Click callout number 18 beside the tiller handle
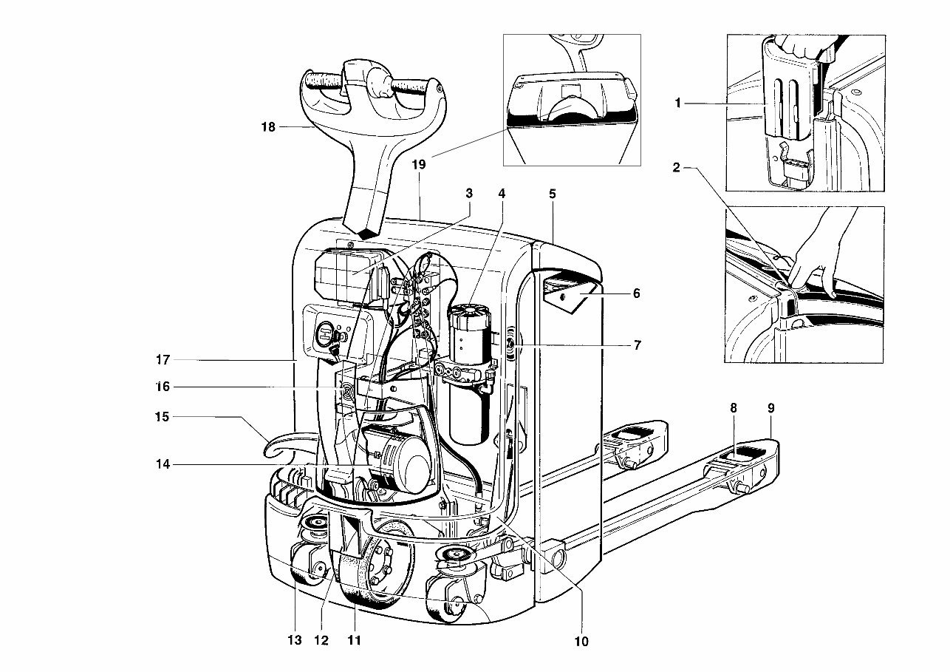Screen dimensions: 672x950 (x=267, y=127)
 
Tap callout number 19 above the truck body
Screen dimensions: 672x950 (x=419, y=165)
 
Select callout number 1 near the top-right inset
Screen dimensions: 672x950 (x=677, y=103)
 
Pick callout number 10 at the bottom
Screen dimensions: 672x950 (x=581, y=641)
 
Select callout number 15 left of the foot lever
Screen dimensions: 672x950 (x=162, y=417)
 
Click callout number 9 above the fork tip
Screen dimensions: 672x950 (x=770, y=407)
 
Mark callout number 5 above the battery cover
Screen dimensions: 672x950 (x=553, y=194)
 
